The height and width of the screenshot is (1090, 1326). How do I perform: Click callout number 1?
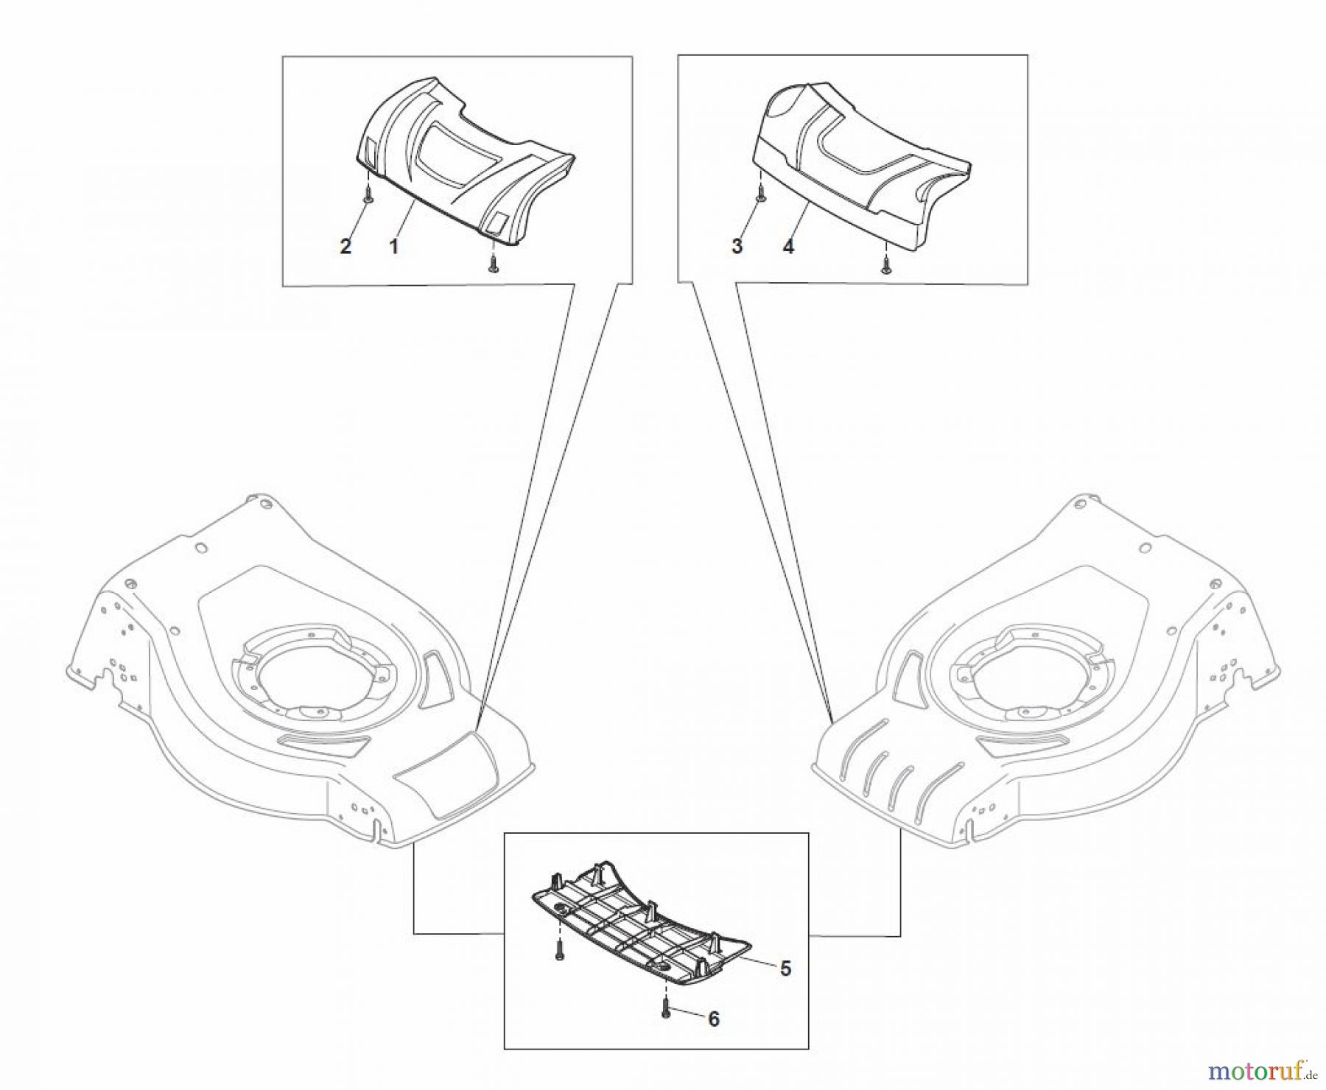click(x=393, y=246)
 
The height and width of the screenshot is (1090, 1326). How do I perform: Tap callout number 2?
click(x=345, y=246)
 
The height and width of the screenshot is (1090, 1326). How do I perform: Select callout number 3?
click(x=737, y=246)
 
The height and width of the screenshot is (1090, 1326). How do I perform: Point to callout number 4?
click(x=788, y=246)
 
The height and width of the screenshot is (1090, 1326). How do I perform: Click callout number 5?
click(x=785, y=968)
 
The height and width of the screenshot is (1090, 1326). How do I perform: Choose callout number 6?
click(x=713, y=1019)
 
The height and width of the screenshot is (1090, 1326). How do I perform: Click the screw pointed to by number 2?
click(x=368, y=195)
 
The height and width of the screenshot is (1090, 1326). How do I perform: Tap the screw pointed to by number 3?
click(x=761, y=195)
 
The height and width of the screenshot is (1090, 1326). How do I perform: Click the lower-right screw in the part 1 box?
click(x=493, y=266)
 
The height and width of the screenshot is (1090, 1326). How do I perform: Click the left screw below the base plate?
click(x=559, y=950)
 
